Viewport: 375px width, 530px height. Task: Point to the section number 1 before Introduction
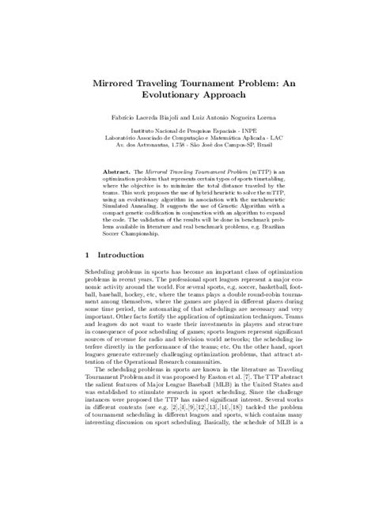(x=87, y=256)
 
